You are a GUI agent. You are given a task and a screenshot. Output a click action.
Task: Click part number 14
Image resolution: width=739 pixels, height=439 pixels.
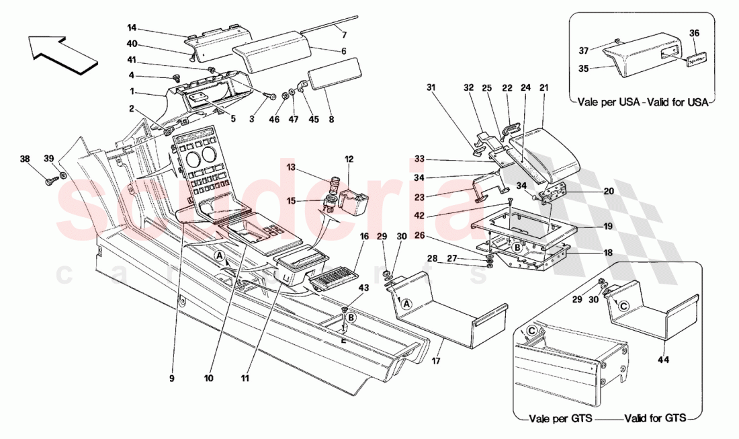pos(132,28)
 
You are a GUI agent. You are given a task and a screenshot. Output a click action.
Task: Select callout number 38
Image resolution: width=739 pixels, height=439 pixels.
pos(25,160)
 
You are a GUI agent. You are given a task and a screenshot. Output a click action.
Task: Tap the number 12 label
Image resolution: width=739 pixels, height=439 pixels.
pos(349,159)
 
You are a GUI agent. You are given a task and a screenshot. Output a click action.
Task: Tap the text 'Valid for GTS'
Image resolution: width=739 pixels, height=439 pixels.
pos(655,418)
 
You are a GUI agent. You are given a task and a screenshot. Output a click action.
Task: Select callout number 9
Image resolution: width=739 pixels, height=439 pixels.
pos(172,378)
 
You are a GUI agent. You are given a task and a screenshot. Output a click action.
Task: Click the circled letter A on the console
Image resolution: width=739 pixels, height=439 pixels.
pos(220,256)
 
